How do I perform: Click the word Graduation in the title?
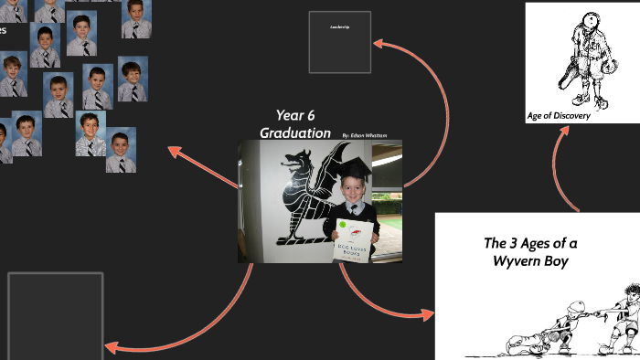click(294, 132)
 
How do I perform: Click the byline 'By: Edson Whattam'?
click(364, 135)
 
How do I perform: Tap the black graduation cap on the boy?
click(355, 168)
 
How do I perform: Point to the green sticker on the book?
click(343, 226)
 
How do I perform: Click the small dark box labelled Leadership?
click(339, 41)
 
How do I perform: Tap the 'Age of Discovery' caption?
click(559, 116)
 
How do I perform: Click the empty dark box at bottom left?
click(56, 314)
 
